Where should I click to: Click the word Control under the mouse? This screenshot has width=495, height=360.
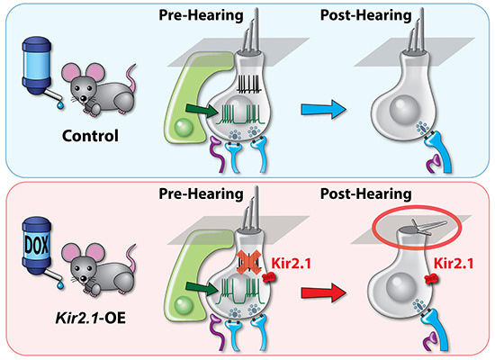[90, 136]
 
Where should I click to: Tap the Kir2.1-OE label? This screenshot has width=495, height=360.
[91, 318]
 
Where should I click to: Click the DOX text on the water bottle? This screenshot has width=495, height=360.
[37, 245]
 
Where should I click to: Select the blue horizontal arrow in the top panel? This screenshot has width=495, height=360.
[323, 110]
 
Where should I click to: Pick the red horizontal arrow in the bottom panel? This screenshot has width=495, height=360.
[323, 292]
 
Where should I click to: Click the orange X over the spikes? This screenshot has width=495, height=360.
[249, 262]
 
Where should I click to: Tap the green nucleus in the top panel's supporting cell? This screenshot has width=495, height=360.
[184, 127]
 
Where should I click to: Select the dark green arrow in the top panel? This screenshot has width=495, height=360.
[202, 110]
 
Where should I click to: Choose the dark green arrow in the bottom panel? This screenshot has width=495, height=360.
[202, 288]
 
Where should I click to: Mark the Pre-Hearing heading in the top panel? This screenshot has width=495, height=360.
[201, 15]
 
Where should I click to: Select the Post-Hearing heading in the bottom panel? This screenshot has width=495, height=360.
[366, 193]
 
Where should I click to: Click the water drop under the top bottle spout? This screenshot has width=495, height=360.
[60, 106]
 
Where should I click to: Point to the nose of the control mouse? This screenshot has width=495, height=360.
[83, 99]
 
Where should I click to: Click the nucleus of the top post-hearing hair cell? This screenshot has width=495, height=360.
[404, 110]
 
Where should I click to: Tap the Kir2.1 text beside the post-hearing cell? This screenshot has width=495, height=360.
[454, 263]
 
